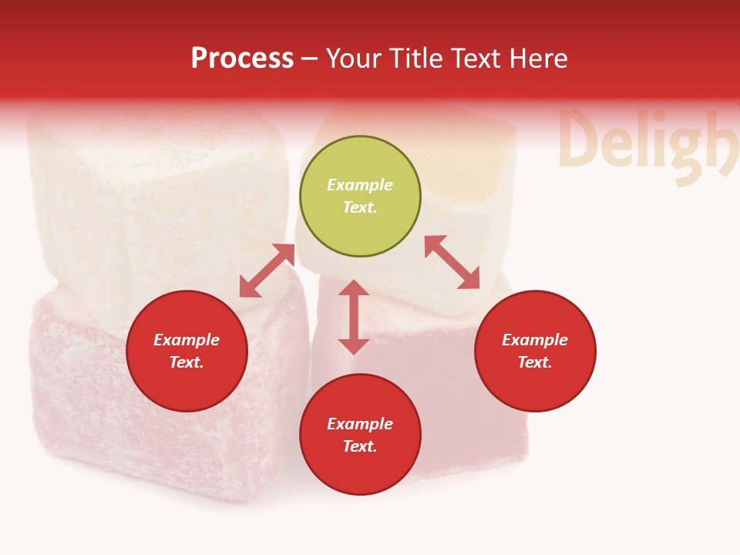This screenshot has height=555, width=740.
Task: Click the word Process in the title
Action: [x=242, y=59]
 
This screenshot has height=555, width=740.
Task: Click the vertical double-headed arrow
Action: [x=354, y=317]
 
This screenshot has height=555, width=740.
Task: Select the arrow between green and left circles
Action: [x=267, y=271]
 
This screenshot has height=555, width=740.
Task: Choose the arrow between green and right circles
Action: [x=452, y=262]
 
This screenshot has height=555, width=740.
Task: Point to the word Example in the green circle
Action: [x=360, y=185]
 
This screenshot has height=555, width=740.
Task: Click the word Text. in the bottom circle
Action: [x=360, y=446]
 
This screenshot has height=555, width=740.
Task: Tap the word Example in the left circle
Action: [x=187, y=340]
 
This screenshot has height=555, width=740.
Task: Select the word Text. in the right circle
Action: [x=535, y=362]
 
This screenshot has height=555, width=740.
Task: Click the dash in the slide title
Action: [x=310, y=59]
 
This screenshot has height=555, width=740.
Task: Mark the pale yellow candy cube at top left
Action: [x=154, y=200]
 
